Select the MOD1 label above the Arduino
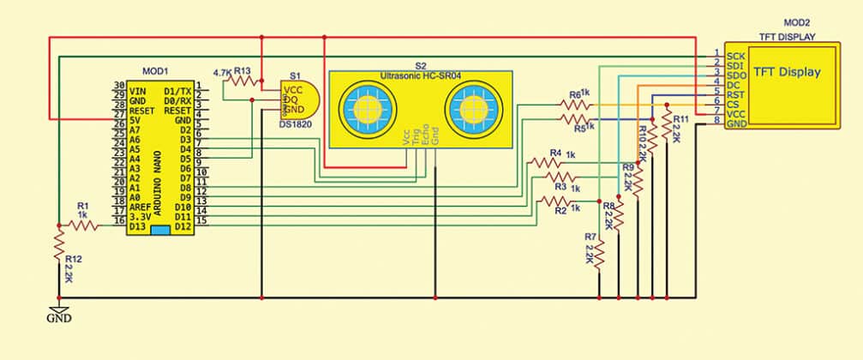pyautogui.click(x=154, y=70)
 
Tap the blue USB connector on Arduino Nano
pyautogui.click(x=159, y=231)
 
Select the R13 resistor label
pyautogui.click(x=243, y=71)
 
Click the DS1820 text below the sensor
pyautogui.click(x=297, y=123)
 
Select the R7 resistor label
pyautogui.click(x=590, y=236)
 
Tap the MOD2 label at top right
pyautogui.click(x=797, y=23)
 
